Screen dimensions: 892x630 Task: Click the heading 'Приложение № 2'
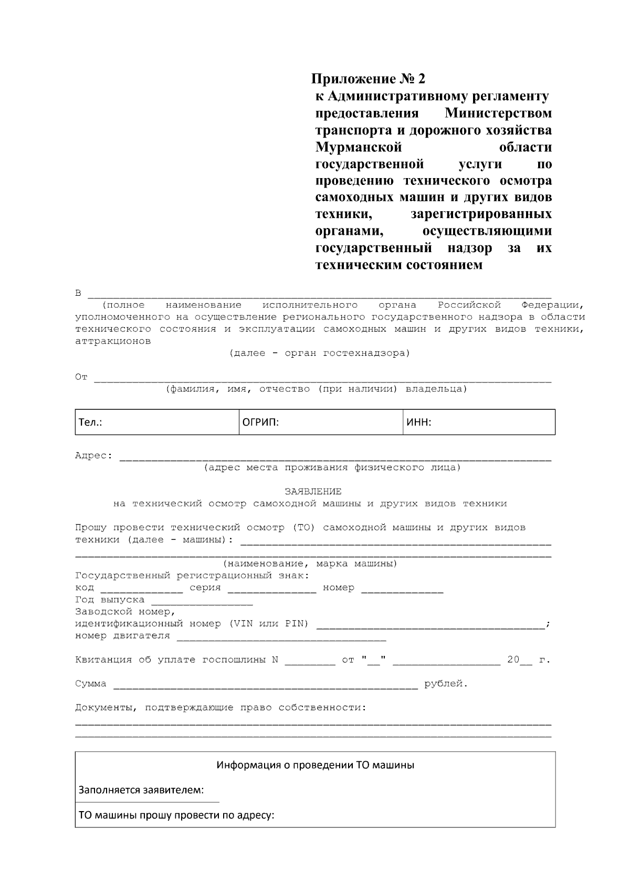(368, 79)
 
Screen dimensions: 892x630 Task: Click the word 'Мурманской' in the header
(359, 147)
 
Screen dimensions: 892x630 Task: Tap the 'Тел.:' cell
(156, 422)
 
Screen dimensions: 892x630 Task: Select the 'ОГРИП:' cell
(320, 422)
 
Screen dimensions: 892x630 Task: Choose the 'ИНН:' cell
(479, 422)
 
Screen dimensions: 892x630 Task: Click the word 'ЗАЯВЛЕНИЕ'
(313, 492)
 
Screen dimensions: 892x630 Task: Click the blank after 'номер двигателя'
(281, 638)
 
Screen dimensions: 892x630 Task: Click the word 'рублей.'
(446, 684)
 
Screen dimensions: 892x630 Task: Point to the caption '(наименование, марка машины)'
(310, 564)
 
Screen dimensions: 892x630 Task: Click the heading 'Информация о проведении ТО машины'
(316, 765)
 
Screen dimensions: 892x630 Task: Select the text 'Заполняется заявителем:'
(141, 791)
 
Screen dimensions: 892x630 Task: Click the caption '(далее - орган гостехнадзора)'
(319, 353)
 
